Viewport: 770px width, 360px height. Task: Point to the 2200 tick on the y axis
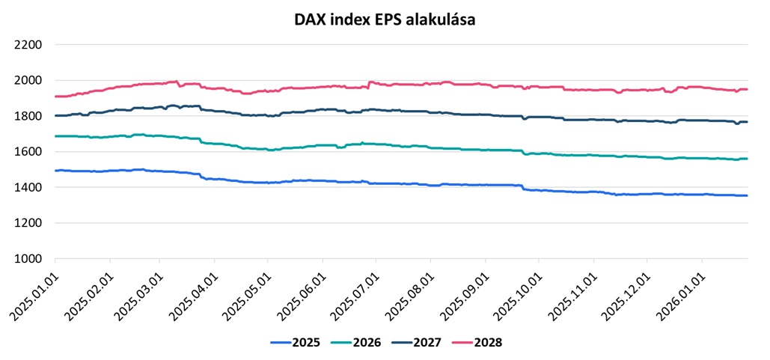[x=28, y=45]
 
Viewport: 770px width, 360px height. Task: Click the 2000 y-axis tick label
[x=28, y=81]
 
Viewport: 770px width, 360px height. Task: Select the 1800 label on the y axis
[x=28, y=116]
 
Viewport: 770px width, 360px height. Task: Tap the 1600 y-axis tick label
[x=28, y=152]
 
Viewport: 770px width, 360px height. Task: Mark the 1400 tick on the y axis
[x=28, y=188]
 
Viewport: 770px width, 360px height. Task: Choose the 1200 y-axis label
[x=28, y=223]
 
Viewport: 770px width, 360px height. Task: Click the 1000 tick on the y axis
[x=28, y=259]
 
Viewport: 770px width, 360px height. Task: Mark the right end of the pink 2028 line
[x=747, y=90]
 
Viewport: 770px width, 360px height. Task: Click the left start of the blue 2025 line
[x=55, y=171]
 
